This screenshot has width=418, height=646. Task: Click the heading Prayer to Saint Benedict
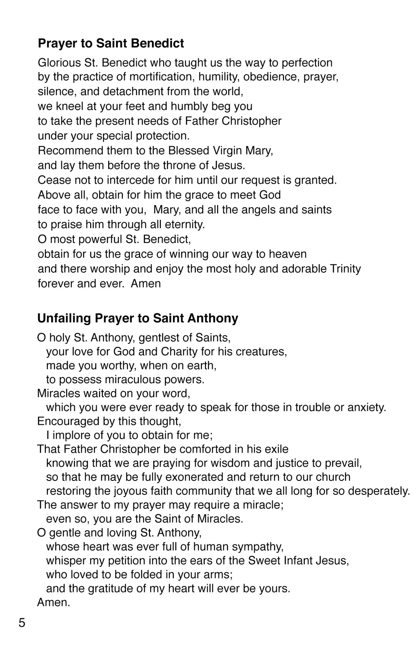pyautogui.click(x=111, y=43)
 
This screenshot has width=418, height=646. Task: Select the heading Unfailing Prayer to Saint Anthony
pyautogui.click(x=138, y=318)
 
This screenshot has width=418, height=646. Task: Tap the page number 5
pyautogui.click(x=22, y=623)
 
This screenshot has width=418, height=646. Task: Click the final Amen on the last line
pyautogui.click(x=54, y=602)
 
